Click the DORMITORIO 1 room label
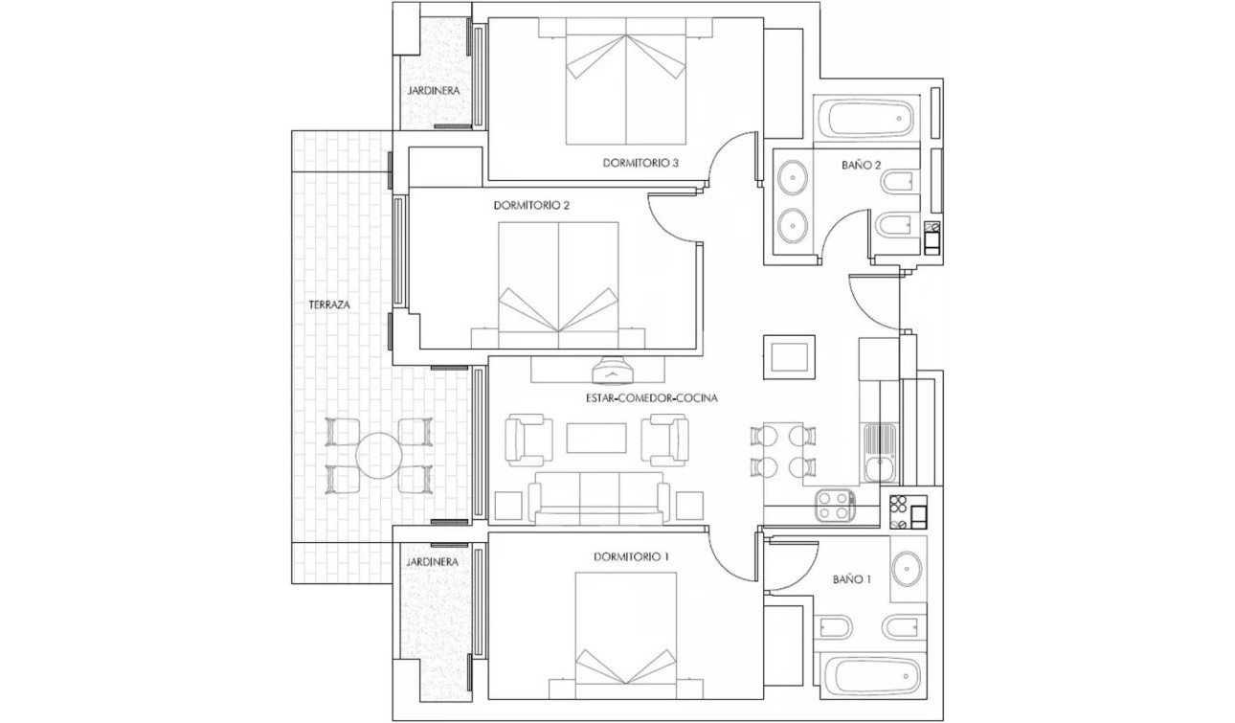pos(631,556)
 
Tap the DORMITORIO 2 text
pos(532,205)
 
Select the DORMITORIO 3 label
pos(640,163)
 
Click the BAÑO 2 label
pos(861,165)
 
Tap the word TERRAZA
pos(328,305)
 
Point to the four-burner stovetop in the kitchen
pos(835,506)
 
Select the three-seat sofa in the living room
pos(599,497)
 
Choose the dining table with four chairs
pos(784,451)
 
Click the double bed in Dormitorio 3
pos(626,81)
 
